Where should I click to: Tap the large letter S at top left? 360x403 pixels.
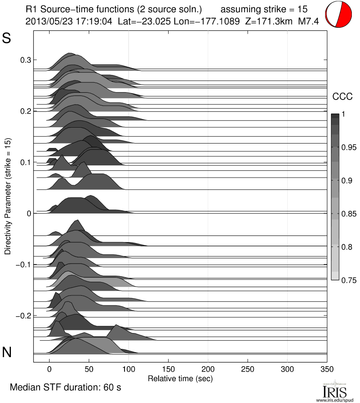tap(7, 38)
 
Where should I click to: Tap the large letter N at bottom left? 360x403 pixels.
tap(7, 352)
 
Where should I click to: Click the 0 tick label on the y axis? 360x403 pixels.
tap(29, 213)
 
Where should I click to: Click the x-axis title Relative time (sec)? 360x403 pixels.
tap(180, 378)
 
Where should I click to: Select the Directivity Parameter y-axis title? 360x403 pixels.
tap(8, 196)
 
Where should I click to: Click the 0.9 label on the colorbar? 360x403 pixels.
tap(347, 181)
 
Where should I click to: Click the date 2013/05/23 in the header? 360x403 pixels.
tap(46, 21)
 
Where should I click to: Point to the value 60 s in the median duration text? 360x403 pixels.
tap(113, 388)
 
